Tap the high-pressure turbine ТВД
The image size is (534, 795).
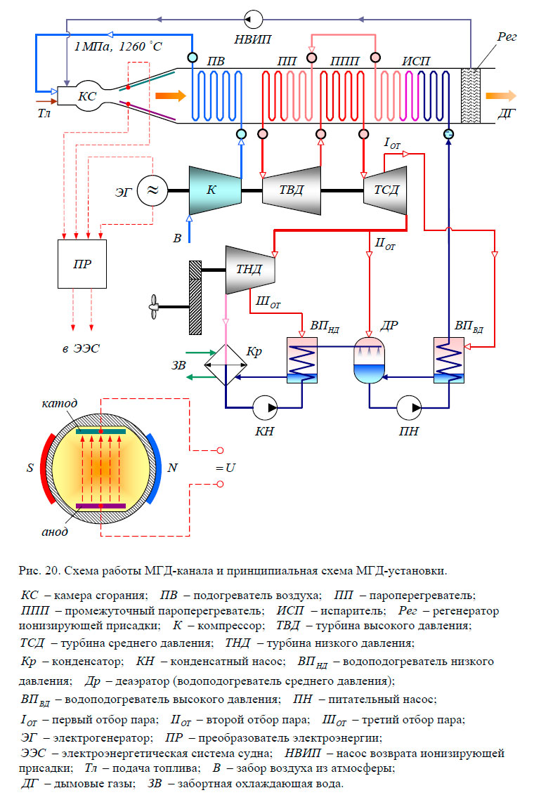(x=291, y=190)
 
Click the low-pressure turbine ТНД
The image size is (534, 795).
(x=249, y=270)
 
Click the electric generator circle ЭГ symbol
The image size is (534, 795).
(x=153, y=190)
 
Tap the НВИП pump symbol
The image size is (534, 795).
(x=253, y=18)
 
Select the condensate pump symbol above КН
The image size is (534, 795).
(x=266, y=406)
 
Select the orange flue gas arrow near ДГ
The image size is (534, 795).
(x=500, y=96)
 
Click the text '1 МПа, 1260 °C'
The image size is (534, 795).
(x=116, y=47)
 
